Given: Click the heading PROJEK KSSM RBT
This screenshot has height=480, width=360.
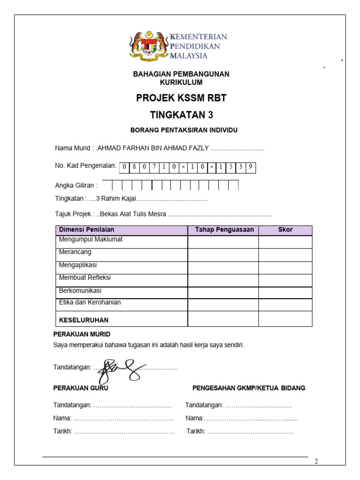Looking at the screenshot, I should click(181, 98).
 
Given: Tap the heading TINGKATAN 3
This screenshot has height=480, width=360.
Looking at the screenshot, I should click(181, 115).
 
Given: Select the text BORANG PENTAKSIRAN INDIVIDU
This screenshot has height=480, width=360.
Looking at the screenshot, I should click(181, 130).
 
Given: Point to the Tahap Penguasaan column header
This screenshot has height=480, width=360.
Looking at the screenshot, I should click(224, 230).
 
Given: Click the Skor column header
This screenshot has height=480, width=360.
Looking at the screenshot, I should click(285, 230).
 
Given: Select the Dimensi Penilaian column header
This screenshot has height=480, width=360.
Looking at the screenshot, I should click(86, 230).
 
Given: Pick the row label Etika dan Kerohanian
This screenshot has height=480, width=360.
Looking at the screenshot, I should click(90, 302).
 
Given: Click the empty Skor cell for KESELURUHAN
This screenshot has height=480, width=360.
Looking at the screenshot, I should click(285, 319).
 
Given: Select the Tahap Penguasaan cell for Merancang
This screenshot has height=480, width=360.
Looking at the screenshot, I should click(223, 255).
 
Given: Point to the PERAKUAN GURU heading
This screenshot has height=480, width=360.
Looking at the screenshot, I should click(81, 388).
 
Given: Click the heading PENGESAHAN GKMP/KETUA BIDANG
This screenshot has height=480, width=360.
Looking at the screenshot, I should click(249, 388).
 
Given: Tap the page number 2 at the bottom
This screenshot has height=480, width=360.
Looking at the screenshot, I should click(316, 461).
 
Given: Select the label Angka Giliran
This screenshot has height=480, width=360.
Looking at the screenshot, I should click(76, 186).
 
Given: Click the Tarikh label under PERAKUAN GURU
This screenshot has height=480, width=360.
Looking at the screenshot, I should click(63, 431).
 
